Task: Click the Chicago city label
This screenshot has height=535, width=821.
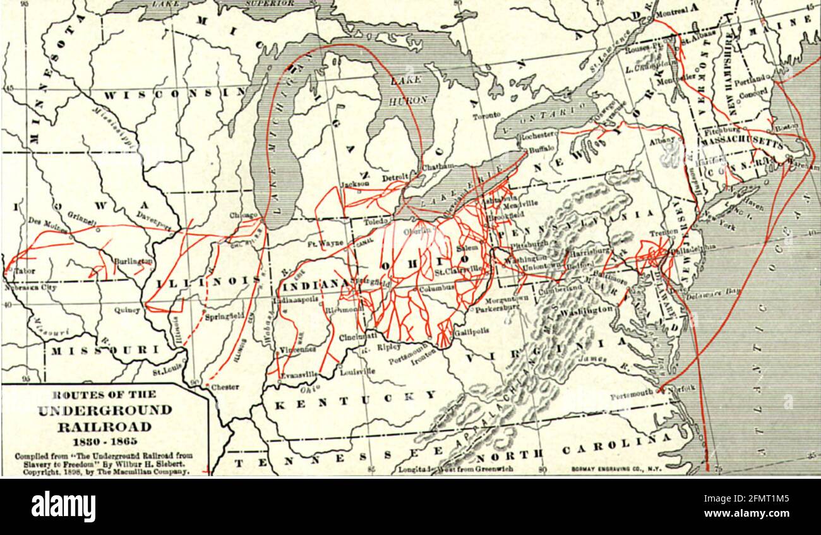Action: click(243, 216)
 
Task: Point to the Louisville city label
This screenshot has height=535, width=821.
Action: click(357, 372)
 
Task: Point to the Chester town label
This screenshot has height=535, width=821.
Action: click(225, 387)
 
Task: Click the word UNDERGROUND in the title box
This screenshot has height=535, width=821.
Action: click(105, 411)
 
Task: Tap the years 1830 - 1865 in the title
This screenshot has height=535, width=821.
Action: click(105, 440)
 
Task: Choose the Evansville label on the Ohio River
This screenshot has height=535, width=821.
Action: click(299, 375)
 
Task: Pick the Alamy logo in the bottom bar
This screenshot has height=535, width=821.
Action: click(64, 507)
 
